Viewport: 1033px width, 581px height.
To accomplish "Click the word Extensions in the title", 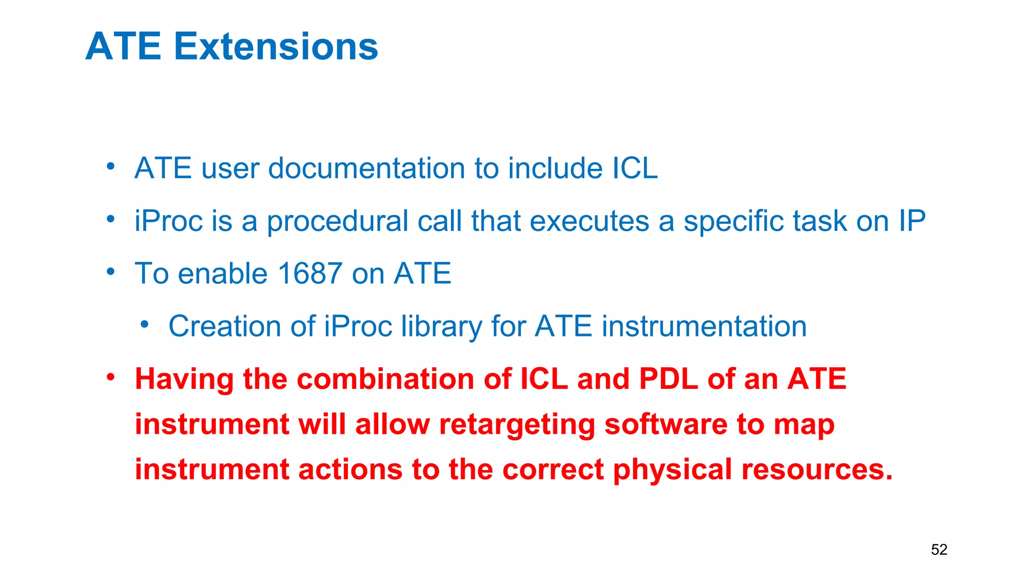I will point(276,46).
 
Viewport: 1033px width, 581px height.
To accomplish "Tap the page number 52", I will point(939,549).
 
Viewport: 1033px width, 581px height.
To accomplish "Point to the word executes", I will point(589,221).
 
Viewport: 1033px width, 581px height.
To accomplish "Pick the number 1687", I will point(310,273).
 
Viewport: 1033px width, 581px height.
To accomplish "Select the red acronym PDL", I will point(668,379).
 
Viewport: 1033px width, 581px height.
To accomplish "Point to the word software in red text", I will point(666,424).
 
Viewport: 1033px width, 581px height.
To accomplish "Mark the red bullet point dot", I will point(111,377).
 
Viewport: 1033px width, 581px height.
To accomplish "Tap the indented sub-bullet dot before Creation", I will point(145,324).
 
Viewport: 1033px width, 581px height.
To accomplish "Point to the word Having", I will point(184,379).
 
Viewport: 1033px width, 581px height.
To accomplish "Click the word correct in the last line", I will point(553,470).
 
